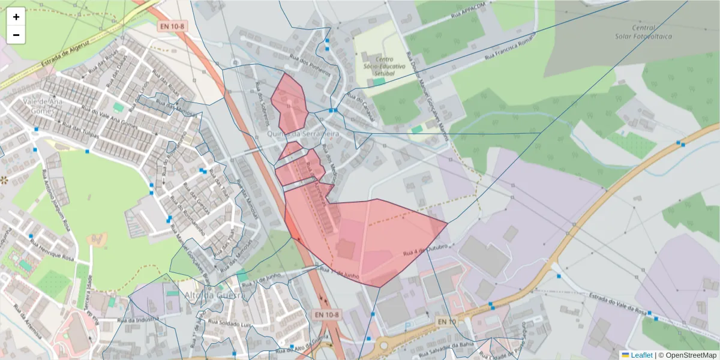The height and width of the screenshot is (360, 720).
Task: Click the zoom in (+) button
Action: click(16, 17)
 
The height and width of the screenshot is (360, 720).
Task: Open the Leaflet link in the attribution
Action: click(641, 355)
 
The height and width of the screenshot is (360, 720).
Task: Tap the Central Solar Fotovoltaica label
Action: click(643, 32)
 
